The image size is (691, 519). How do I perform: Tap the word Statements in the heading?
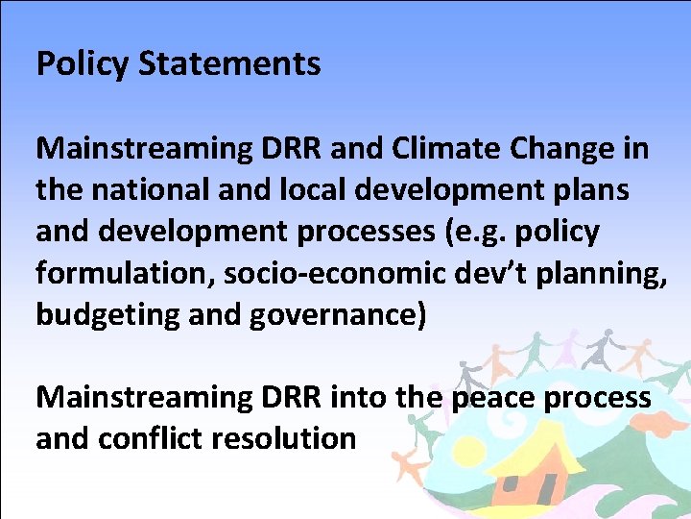tap(229, 64)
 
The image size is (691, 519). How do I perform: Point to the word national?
tap(149, 190)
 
